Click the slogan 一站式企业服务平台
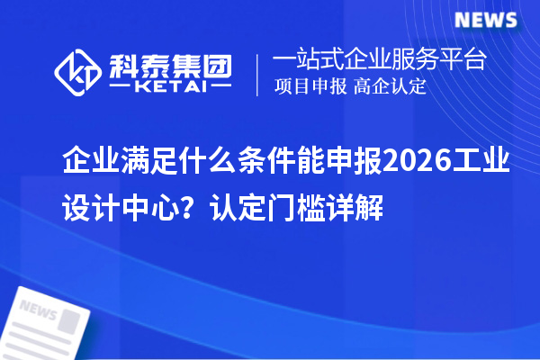(x=380, y=60)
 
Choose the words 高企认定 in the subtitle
(x=391, y=87)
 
